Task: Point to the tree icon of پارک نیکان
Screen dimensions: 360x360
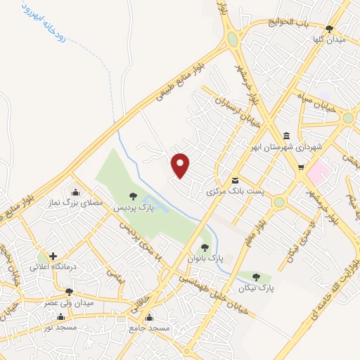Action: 256,277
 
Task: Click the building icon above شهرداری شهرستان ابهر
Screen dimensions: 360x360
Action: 286,136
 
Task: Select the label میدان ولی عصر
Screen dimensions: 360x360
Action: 70,303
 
